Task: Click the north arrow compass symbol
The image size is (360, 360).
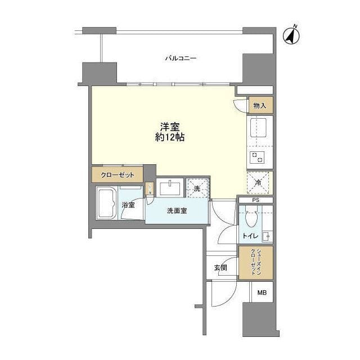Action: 291,35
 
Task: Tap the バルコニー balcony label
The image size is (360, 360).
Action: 180,58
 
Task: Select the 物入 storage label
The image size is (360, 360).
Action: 259,105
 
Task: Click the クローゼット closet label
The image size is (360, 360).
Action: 118,175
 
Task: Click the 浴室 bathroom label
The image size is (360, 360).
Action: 128,205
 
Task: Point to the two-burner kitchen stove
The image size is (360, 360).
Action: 258,157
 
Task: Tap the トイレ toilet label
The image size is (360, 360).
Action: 250,237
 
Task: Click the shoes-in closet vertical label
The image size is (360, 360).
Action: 256,262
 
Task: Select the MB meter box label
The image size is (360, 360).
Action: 262,293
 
